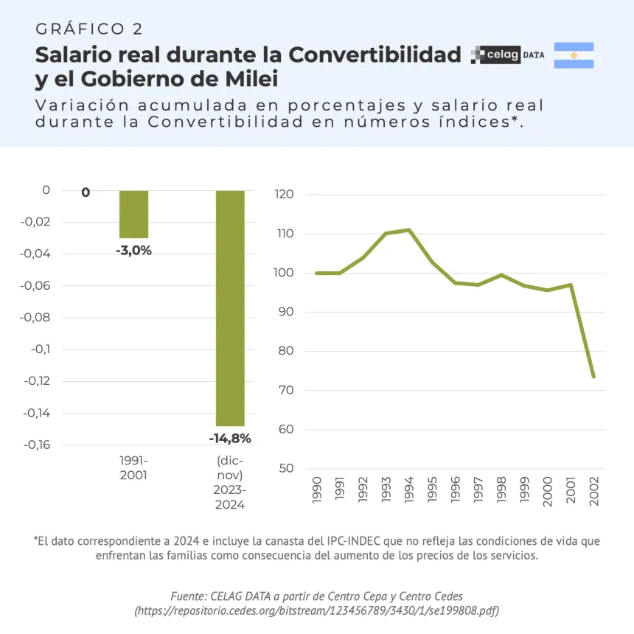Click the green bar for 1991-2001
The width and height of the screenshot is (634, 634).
[133, 214]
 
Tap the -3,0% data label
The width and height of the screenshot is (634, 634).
[133, 251]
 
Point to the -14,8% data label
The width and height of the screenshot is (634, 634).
[230, 439]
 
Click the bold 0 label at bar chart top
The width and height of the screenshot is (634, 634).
[86, 192]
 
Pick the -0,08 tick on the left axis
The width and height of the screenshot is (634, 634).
[37, 317]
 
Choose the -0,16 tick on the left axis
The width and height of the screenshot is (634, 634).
[37, 445]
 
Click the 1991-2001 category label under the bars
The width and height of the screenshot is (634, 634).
[133, 467]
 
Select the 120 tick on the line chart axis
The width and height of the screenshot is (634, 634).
[285, 195]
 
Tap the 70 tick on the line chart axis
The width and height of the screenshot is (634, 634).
[287, 390]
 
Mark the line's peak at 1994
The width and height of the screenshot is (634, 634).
[408, 230]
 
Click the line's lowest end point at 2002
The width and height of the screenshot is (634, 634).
[593, 376]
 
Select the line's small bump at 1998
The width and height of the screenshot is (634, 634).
[501, 275]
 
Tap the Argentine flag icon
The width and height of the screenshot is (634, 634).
[574, 55]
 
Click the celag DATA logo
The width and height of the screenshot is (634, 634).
[508, 55]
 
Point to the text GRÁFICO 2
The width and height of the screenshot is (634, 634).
[89, 29]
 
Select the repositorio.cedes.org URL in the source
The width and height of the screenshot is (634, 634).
[317, 611]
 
